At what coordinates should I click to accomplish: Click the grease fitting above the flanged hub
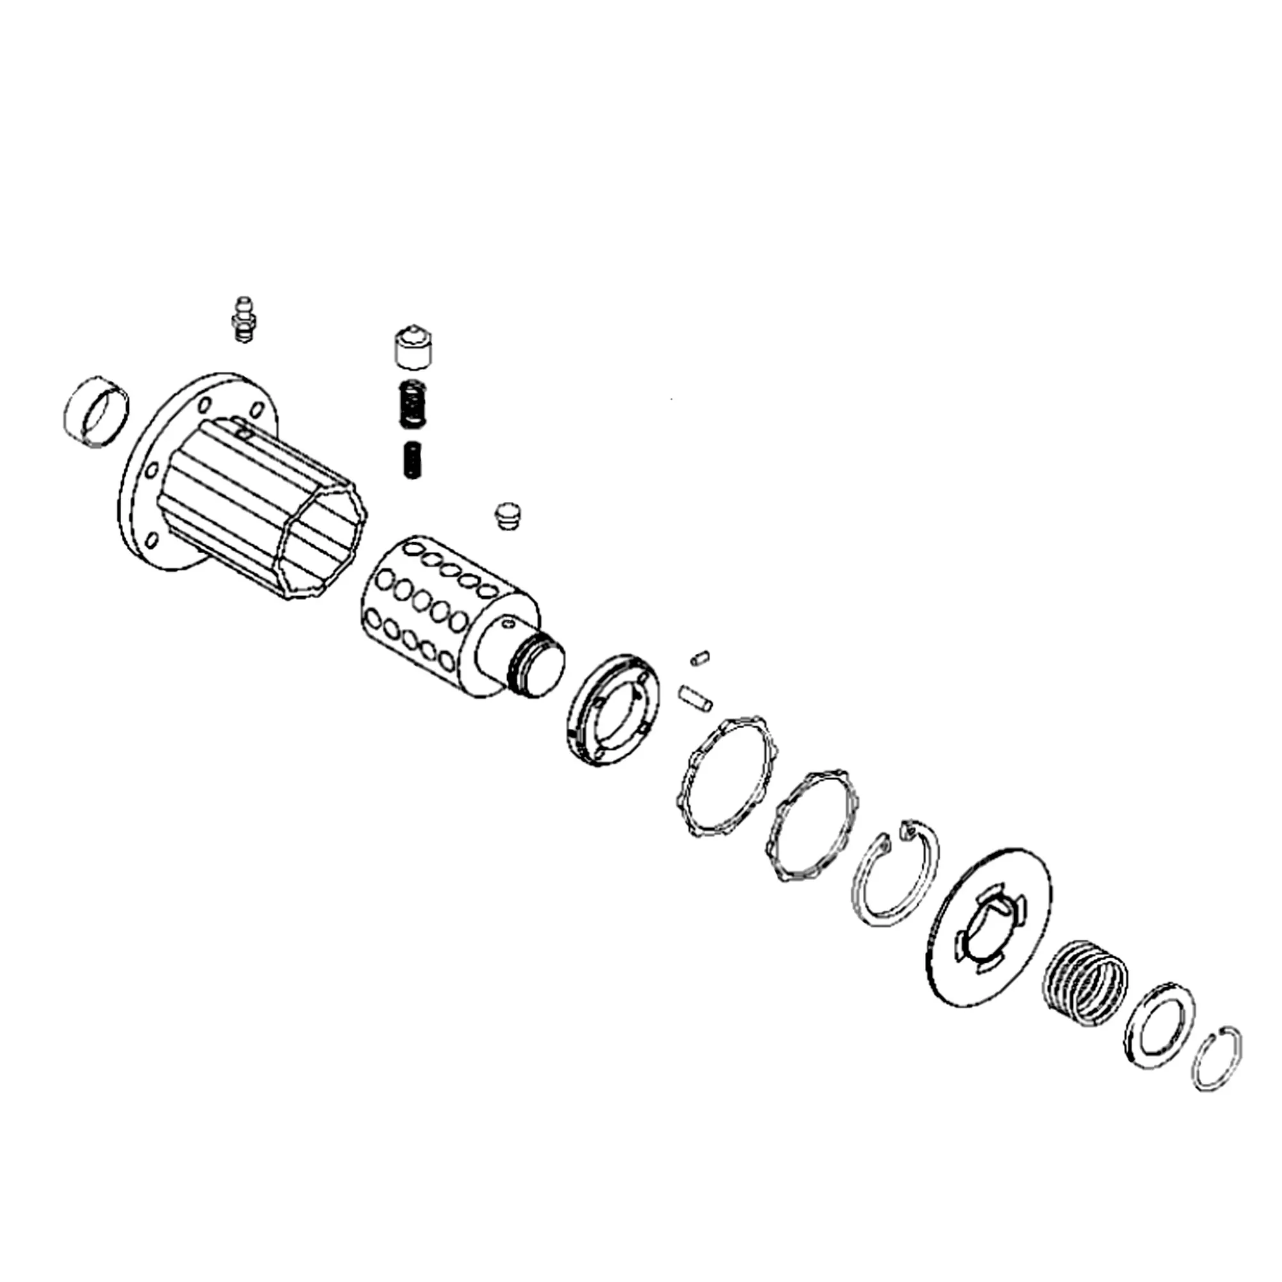click(x=244, y=320)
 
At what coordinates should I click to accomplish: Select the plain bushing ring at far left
click(x=96, y=412)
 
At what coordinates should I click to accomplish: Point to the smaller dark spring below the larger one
click(x=413, y=459)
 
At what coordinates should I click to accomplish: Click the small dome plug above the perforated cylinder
click(x=508, y=516)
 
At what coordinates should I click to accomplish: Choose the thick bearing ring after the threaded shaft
click(x=613, y=710)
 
